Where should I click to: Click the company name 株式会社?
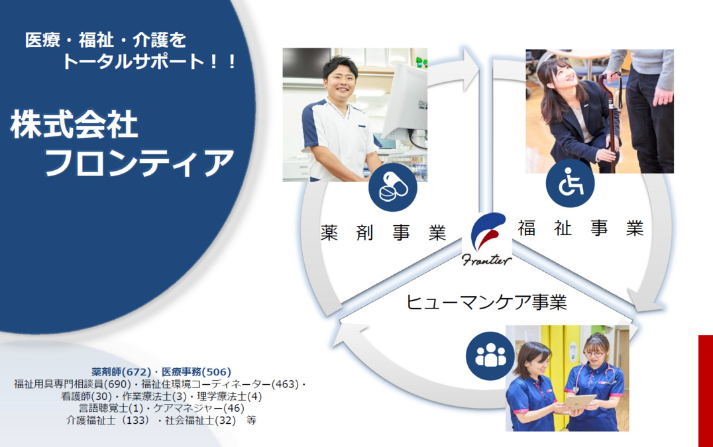click(74, 125)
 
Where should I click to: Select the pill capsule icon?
click(392, 188)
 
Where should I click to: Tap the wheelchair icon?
click(570, 183)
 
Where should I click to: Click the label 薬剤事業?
click(383, 233)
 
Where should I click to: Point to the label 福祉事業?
click(580, 228)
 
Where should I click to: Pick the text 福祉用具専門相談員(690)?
click(72, 384)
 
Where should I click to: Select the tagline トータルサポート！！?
click(149, 62)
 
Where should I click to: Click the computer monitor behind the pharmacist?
click(405, 99)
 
